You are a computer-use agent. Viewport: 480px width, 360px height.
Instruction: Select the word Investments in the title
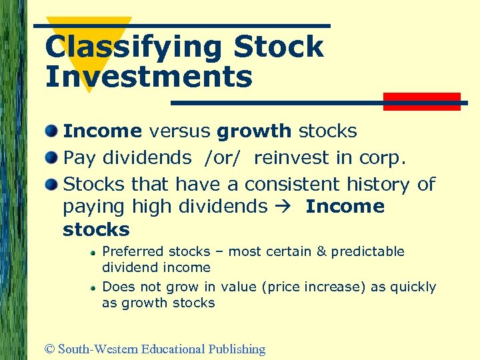coord(149,77)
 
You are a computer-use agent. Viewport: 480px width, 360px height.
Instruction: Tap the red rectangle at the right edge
coord(422,101)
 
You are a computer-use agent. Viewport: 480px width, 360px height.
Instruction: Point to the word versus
coord(179,131)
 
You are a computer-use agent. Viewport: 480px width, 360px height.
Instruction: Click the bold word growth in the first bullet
coord(254,131)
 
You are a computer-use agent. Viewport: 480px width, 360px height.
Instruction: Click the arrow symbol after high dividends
coord(286,207)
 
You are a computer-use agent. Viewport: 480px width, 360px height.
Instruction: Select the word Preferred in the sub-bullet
coord(133,251)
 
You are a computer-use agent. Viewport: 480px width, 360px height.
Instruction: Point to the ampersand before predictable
coord(321,251)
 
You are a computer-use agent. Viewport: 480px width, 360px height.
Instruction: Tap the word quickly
coord(413,287)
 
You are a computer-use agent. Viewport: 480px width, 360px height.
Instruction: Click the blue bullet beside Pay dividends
coord(52,158)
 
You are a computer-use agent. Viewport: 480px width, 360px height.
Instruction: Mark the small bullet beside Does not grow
coord(95,287)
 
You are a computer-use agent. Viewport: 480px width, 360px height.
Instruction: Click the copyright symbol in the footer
coord(50,349)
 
